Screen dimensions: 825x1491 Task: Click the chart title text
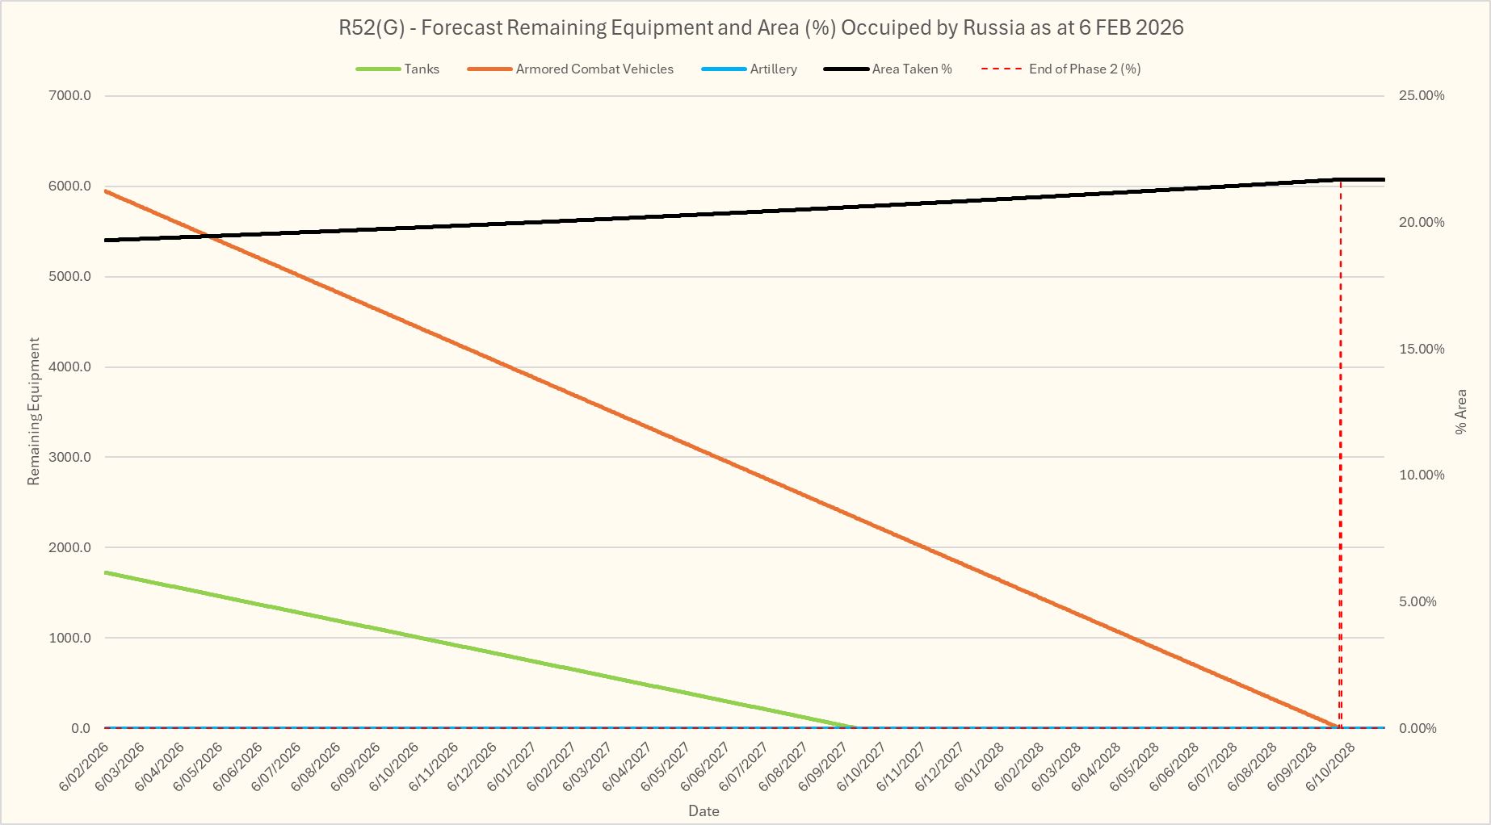pyautogui.click(x=761, y=27)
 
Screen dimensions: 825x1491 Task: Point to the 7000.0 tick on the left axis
pyautogui.click(x=70, y=96)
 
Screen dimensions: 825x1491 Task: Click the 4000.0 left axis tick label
pyautogui.click(x=70, y=367)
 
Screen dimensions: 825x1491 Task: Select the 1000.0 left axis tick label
pyautogui.click(x=70, y=639)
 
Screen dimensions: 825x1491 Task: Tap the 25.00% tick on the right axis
pyautogui.click(x=1422, y=96)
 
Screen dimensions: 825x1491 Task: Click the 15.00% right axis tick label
pyautogui.click(x=1422, y=350)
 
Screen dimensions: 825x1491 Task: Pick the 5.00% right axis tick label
pyautogui.click(x=1418, y=602)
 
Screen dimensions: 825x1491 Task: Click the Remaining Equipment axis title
pyautogui.click(x=34, y=412)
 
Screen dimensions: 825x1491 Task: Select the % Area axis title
pyautogui.click(x=1460, y=412)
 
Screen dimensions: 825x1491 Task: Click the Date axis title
pyautogui.click(x=703, y=811)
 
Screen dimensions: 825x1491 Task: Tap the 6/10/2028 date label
pyautogui.click(x=1332, y=767)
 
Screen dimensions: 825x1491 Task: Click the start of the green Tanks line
pyautogui.click(x=107, y=572)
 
